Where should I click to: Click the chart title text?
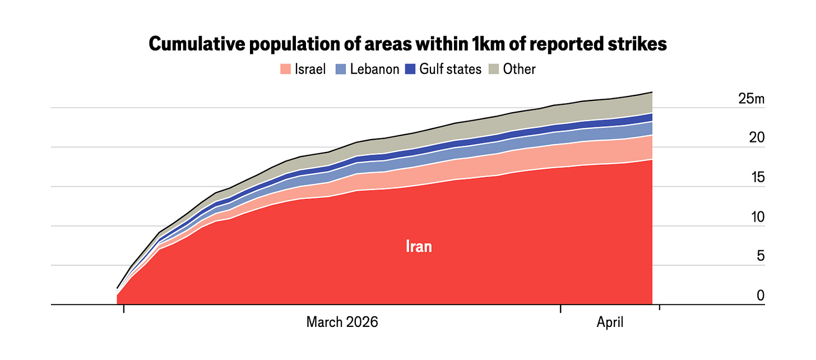pos(407,44)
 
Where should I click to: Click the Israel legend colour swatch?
pos(286,69)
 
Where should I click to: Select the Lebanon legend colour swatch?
pos(341,69)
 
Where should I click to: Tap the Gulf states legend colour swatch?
pos(410,69)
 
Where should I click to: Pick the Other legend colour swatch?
pos(494,69)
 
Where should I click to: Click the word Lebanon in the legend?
pos(374,69)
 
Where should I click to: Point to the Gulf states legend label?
pos(450,69)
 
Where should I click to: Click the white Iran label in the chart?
pos(419,247)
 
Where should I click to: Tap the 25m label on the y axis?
pos(751,99)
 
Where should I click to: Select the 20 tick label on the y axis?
pos(757,138)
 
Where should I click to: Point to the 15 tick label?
pos(758,177)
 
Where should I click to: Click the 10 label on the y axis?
pos(758,217)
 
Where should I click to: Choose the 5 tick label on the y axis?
pos(761,256)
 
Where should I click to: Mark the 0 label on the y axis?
pos(761,296)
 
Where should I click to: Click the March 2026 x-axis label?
pos(342,322)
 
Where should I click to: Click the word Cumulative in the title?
pos(196,44)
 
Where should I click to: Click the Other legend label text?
pos(519,69)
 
